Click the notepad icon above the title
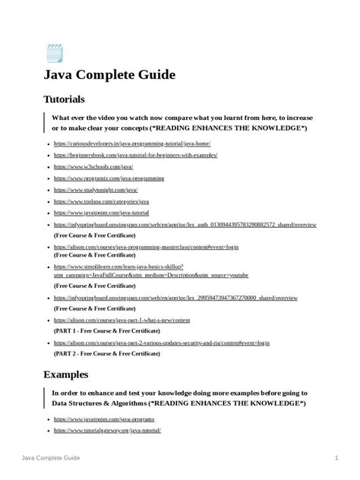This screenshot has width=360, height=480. pyautogui.click(x=55, y=53)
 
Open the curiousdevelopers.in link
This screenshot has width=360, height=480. pyautogui.click(x=131, y=144)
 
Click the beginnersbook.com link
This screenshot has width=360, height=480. pyautogui.click(x=135, y=155)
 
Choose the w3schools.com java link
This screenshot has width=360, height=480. pyautogui.click(x=93, y=166)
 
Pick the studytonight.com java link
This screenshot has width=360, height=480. pyautogui.click(x=95, y=191)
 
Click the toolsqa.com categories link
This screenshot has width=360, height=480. pyautogui.click(x=101, y=202)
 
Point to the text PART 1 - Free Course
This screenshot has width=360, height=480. pyautogui.click(x=106, y=332)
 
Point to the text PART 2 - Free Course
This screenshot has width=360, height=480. pyautogui.click(x=106, y=354)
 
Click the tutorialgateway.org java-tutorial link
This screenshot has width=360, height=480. pyautogui.click(x=107, y=430)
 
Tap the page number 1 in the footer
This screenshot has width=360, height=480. pyautogui.click(x=336, y=459)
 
